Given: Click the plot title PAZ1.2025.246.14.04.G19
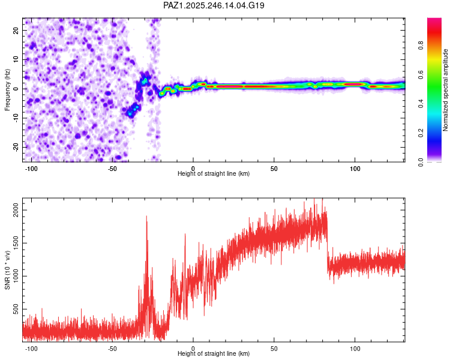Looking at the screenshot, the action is [x=214, y=5].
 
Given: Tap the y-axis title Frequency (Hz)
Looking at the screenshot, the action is [x=7, y=90].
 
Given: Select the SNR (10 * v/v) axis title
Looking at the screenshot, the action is [x=7, y=270].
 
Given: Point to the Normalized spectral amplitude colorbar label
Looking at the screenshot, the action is [x=445, y=90].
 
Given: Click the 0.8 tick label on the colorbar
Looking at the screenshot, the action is [x=421, y=46].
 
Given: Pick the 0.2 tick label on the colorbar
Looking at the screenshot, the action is [x=421, y=133].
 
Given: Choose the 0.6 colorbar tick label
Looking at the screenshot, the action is [x=421, y=74].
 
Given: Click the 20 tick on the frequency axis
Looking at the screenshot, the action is [x=16, y=30].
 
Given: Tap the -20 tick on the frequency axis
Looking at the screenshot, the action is [x=16, y=148].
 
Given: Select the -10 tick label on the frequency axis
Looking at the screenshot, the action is [x=16, y=118].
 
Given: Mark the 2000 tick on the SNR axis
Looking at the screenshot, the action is [x=16, y=210].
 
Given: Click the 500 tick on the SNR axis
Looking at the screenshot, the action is [x=16, y=309].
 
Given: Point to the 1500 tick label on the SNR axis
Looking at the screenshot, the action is [x=16, y=243].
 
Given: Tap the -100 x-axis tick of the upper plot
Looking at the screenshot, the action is [x=31, y=169].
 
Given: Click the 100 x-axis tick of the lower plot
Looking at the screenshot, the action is [x=355, y=349].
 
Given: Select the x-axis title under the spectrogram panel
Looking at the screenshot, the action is [x=214, y=173].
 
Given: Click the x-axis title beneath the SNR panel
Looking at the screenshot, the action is [x=214, y=353].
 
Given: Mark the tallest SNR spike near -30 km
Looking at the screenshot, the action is [x=146, y=217].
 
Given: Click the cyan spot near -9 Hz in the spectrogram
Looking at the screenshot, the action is [x=130, y=114].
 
